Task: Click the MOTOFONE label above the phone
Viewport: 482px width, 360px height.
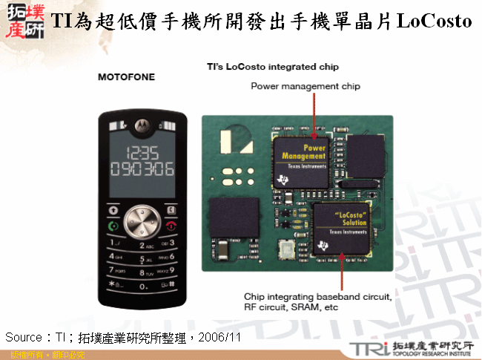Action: click(x=127, y=76)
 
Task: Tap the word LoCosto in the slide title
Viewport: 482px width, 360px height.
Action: click(x=435, y=22)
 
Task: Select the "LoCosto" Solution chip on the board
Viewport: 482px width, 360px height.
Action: click(x=341, y=226)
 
